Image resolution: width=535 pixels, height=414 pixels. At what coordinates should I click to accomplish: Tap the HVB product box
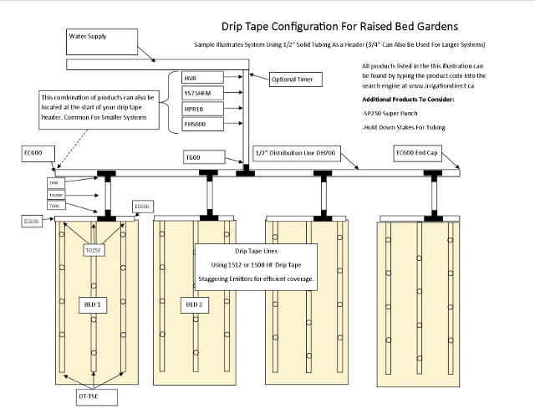click(x=201, y=78)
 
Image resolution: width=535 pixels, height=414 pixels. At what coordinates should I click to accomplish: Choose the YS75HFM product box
click(x=201, y=93)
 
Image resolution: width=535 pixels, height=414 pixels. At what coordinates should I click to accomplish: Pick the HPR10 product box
click(x=201, y=108)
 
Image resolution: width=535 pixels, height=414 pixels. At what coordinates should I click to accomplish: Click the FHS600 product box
click(x=201, y=123)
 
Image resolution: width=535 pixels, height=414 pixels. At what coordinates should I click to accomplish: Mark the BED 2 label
click(x=193, y=304)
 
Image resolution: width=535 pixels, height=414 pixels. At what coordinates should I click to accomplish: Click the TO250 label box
click(x=93, y=250)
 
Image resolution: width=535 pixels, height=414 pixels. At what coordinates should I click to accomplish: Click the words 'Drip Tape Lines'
click(x=257, y=252)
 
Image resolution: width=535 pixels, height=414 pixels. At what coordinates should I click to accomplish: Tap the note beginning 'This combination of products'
click(x=102, y=108)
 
